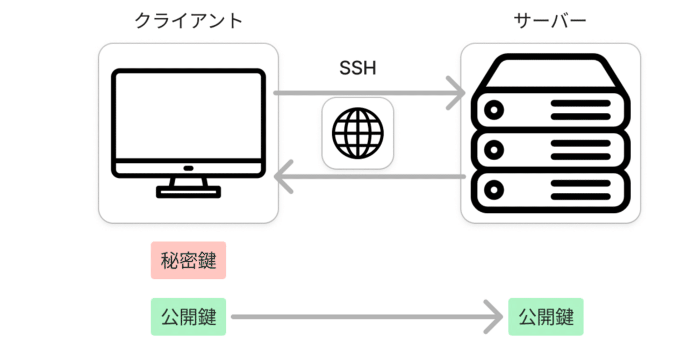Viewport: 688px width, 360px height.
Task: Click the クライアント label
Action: (188, 21)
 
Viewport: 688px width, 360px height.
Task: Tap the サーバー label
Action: (550, 21)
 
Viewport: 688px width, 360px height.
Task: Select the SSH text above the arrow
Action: (357, 68)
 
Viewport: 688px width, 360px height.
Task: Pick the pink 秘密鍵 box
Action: (188, 261)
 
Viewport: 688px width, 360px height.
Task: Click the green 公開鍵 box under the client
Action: (188, 317)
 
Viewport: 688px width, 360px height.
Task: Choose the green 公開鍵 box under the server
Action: (546, 317)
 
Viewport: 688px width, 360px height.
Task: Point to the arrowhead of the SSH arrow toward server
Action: (458, 93)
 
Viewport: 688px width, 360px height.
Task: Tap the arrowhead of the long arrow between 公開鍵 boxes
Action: (494, 317)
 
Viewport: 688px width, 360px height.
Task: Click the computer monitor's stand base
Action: (188, 192)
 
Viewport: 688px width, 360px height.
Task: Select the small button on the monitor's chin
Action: (188, 168)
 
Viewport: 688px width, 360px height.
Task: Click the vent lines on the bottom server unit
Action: (580, 189)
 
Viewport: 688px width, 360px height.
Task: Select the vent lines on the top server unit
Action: (580, 110)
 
